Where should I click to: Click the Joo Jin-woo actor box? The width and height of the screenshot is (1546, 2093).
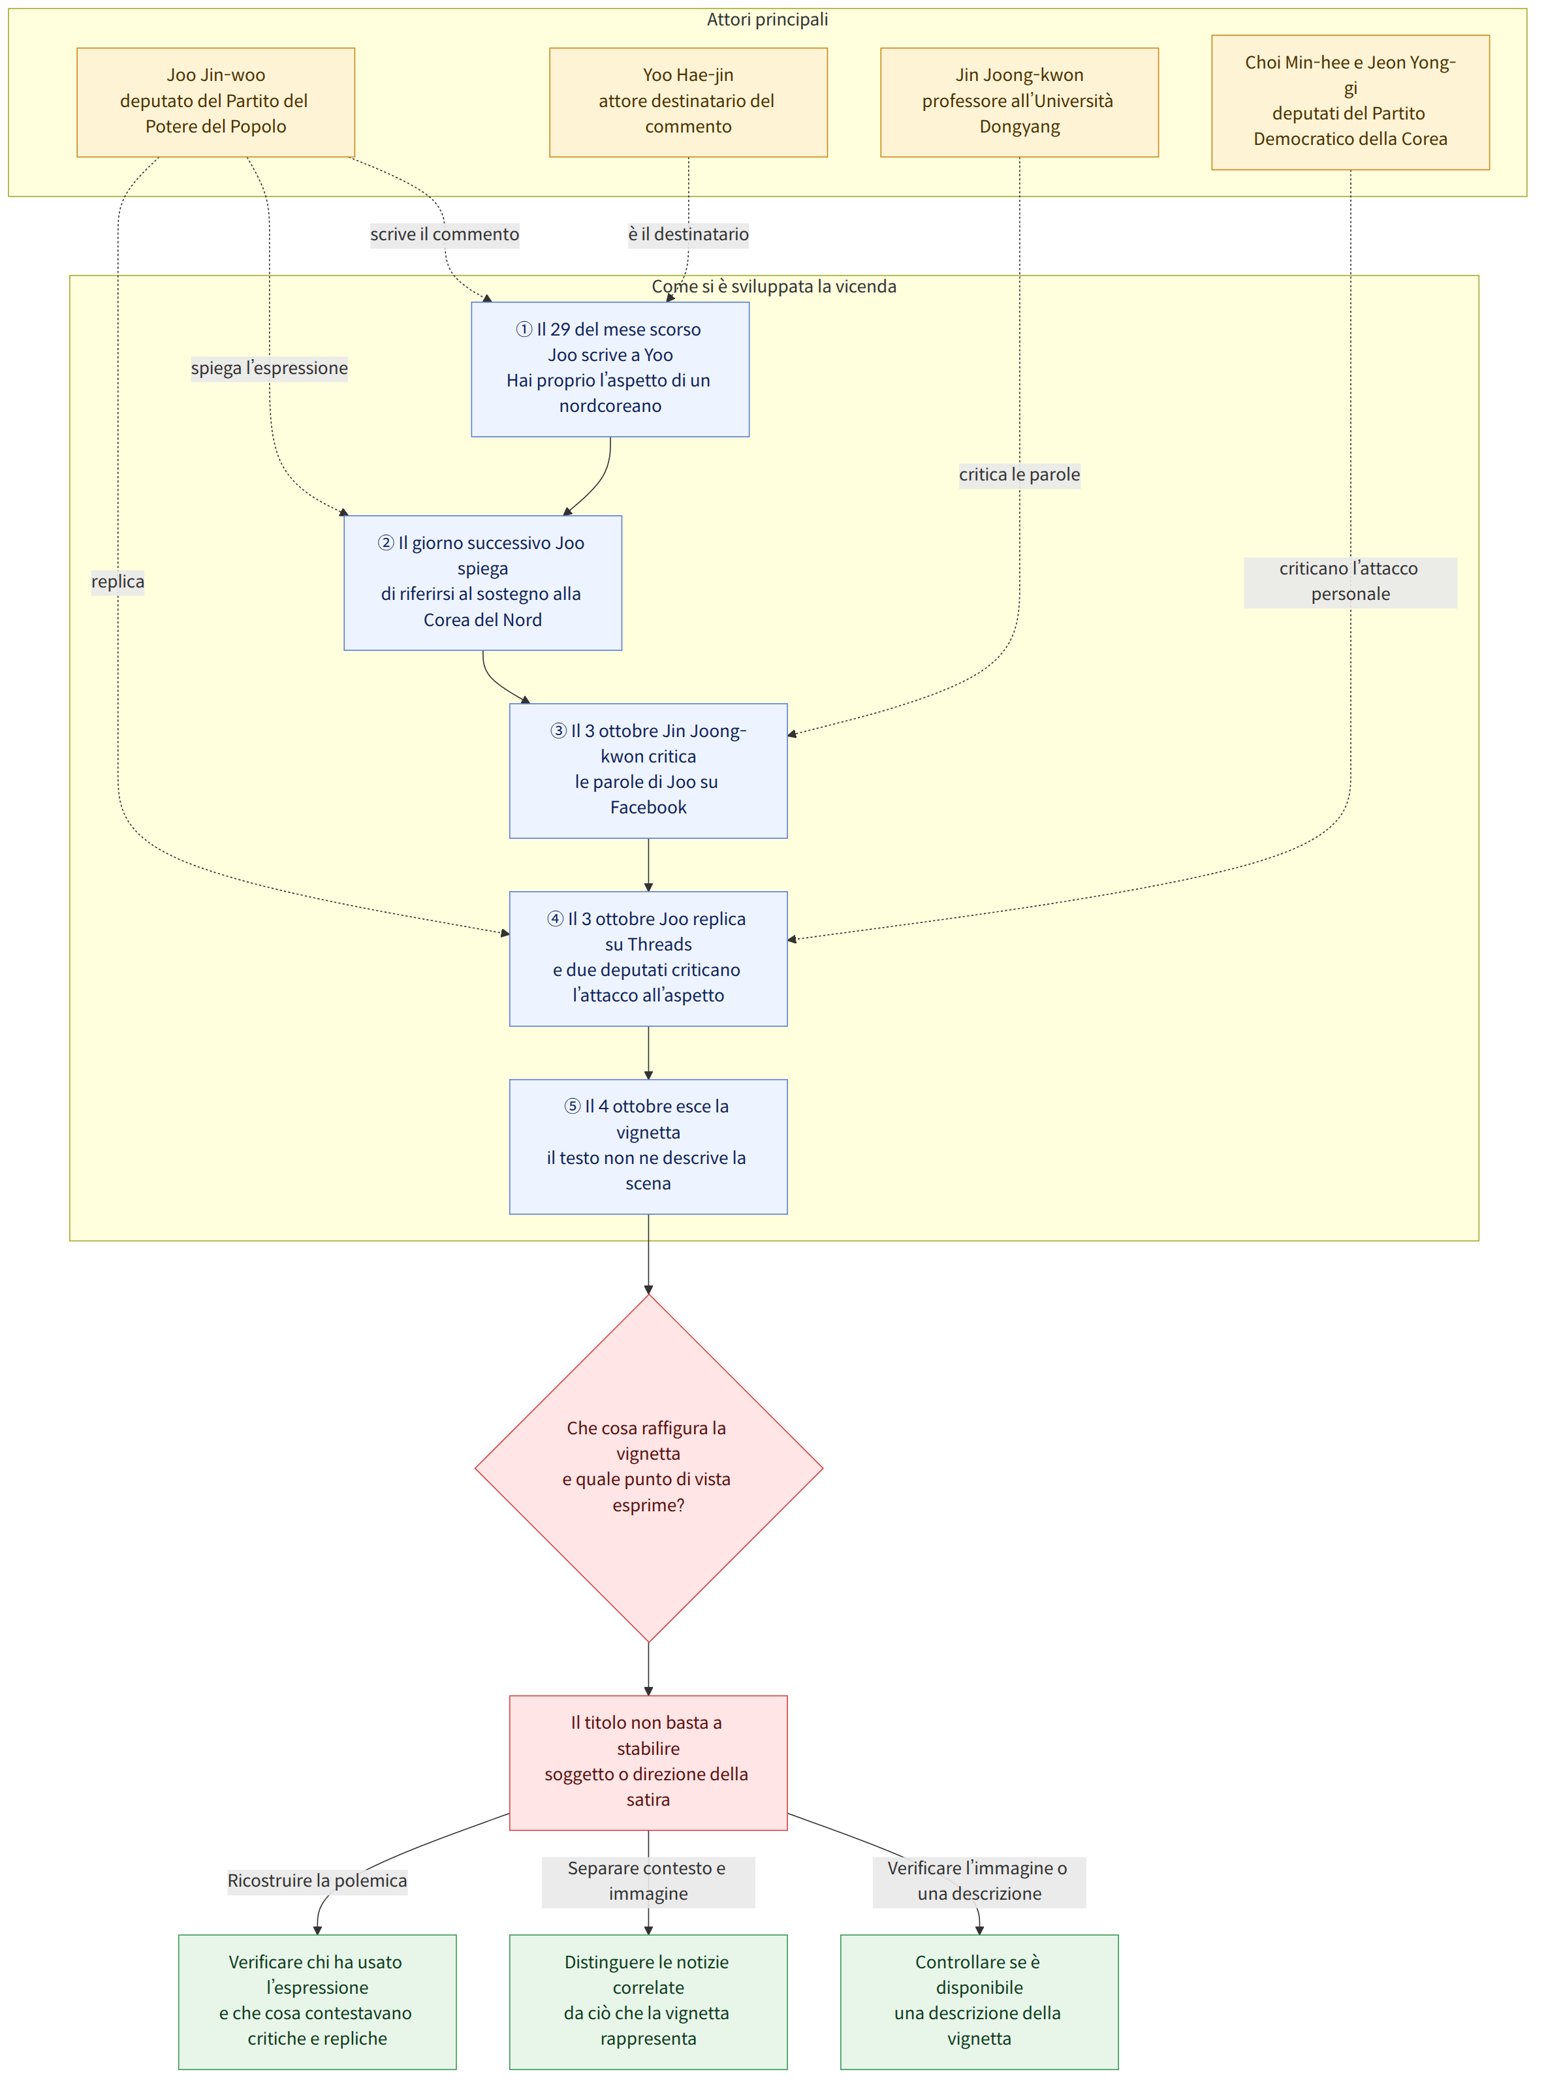pyautogui.click(x=215, y=102)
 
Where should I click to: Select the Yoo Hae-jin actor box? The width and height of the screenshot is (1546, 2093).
pyautogui.click(x=688, y=102)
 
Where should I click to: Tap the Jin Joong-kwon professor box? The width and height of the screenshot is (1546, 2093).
pyautogui.click(x=1019, y=102)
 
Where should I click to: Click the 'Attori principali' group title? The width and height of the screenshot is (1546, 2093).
pyautogui.click(x=767, y=20)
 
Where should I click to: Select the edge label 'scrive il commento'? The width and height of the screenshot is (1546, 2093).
pyautogui.click(x=445, y=234)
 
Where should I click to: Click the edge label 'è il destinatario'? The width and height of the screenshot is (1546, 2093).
pyautogui.click(x=688, y=234)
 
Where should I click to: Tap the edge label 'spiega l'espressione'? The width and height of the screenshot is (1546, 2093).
pyautogui.click(x=270, y=368)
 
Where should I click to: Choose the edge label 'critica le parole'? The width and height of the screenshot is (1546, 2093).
pyautogui.click(x=1019, y=475)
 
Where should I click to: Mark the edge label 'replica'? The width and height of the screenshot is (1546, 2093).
pyautogui.click(x=118, y=582)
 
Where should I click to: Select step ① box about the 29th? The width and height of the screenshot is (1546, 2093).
pyautogui.click(x=610, y=369)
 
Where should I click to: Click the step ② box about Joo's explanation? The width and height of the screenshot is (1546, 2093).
pyautogui.click(x=483, y=582)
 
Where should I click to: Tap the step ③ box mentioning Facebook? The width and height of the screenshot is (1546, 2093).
pyautogui.click(x=648, y=770)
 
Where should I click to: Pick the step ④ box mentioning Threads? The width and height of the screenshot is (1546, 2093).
pyautogui.click(x=648, y=958)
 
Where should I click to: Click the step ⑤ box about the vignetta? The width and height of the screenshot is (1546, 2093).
pyautogui.click(x=648, y=1146)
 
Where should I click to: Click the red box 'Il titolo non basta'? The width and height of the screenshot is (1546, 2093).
pyautogui.click(x=648, y=1762)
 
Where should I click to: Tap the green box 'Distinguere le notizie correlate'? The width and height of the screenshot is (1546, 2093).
pyautogui.click(x=648, y=2002)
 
